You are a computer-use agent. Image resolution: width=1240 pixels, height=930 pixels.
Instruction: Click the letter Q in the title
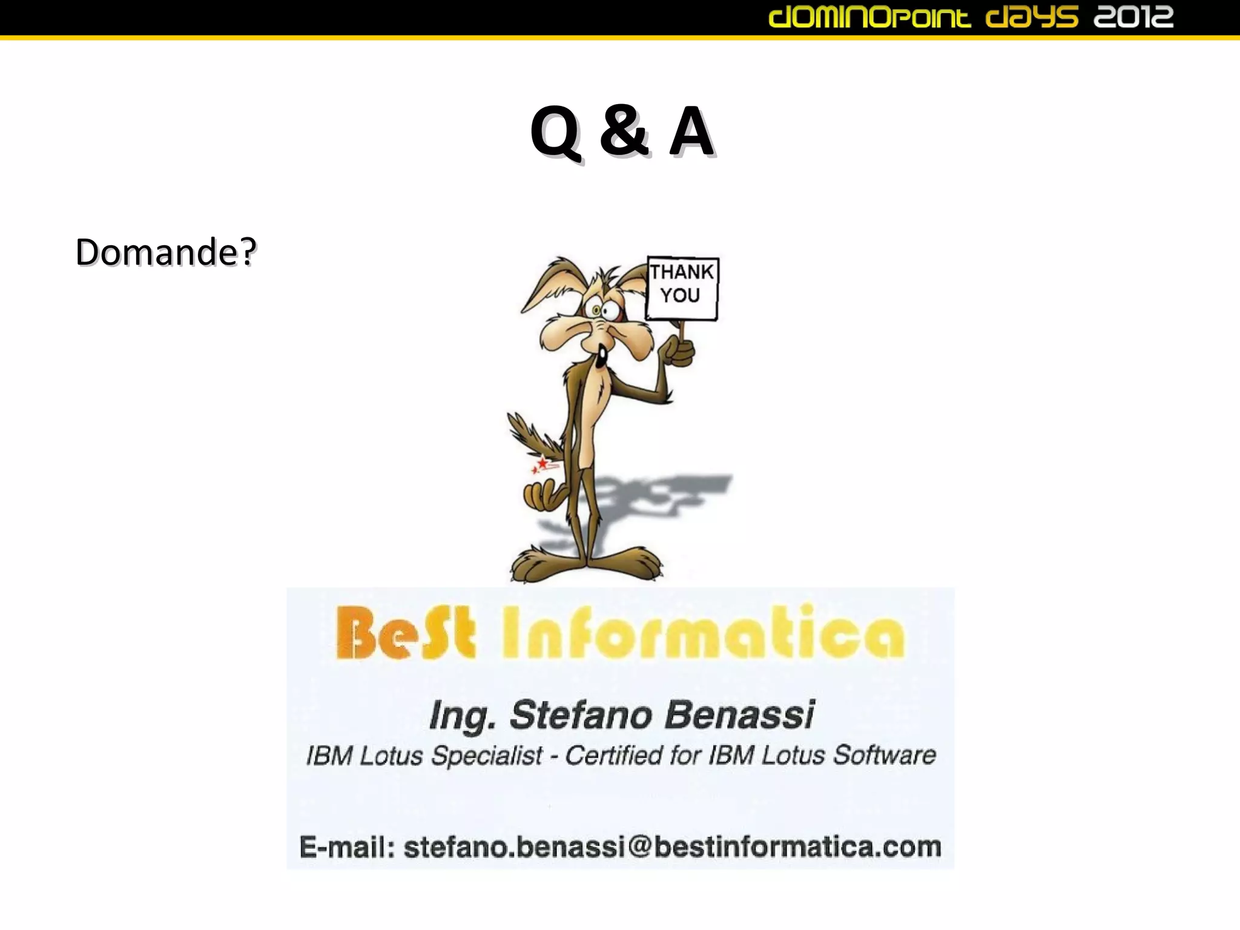(555, 132)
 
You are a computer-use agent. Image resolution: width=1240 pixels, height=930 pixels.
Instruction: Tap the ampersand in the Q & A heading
(624, 131)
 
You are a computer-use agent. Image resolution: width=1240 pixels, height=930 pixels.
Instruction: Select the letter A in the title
(691, 131)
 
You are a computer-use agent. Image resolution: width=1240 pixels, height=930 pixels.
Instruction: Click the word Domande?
(165, 252)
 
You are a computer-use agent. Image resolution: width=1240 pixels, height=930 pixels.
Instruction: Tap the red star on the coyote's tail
(542, 464)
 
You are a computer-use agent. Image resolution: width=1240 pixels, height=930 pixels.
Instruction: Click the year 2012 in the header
(1133, 17)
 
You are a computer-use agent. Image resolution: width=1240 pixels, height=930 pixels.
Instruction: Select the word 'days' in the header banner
(1032, 17)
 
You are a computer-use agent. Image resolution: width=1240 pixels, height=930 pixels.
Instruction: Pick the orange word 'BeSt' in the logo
(405, 633)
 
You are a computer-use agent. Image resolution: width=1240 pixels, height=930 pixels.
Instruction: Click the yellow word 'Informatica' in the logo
(703, 633)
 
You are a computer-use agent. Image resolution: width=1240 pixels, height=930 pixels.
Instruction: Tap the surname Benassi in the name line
(739, 714)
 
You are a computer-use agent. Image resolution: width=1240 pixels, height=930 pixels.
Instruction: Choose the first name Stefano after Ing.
(580, 714)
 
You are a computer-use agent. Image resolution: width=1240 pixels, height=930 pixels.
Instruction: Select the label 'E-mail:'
(347, 846)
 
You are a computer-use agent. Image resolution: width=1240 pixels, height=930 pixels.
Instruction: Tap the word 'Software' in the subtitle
(884, 755)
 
